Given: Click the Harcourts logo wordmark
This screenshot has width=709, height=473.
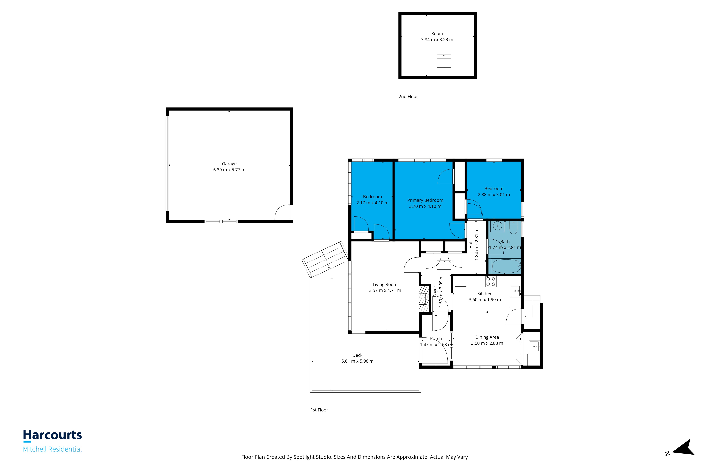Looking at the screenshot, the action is tap(52, 435).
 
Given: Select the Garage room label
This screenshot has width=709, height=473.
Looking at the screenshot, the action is tap(229, 164).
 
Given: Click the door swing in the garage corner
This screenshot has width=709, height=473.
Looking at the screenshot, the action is tap(283, 212).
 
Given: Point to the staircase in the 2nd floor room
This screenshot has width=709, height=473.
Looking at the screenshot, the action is tap(444, 65).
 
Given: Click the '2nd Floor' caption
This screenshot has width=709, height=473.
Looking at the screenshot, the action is tap(408, 96).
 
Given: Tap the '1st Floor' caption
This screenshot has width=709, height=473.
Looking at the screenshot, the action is tap(319, 410).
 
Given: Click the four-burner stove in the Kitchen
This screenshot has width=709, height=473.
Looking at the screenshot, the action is tap(490, 281).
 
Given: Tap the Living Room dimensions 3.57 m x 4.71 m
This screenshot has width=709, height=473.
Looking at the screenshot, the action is tap(385, 291).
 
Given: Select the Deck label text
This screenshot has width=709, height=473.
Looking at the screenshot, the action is tap(358, 355).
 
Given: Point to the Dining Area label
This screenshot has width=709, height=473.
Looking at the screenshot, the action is tap(487, 337).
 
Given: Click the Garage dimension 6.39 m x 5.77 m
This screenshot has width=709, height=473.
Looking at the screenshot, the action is tap(229, 170).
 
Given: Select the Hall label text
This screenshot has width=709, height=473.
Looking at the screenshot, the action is tap(471, 244).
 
